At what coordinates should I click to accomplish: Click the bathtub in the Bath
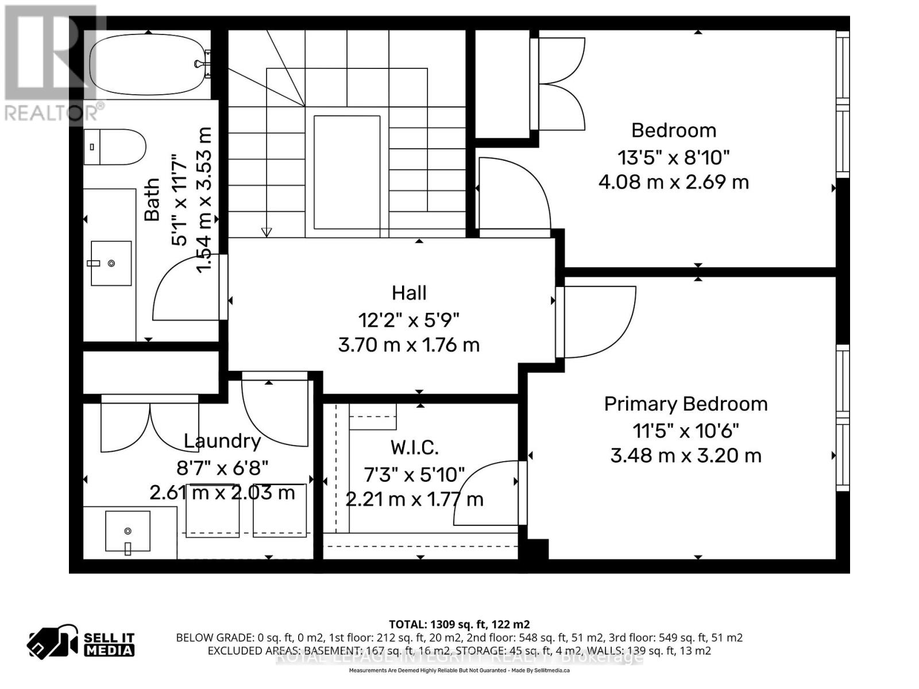tap(148, 64)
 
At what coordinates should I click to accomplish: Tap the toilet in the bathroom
tap(115, 147)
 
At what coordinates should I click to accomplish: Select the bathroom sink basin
tap(111, 263)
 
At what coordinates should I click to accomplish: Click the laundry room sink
tap(128, 531)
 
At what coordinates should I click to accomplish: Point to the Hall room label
tap(409, 293)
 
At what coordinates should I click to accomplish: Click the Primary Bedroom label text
tap(685, 404)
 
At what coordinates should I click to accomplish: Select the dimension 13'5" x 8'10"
tap(673, 157)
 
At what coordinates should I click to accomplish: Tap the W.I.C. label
tap(414, 447)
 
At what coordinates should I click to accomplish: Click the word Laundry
tap(222, 441)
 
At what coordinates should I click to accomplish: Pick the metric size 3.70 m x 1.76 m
tap(408, 345)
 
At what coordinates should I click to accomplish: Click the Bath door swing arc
tap(184, 290)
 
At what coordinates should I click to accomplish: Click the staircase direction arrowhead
tap(267, 232)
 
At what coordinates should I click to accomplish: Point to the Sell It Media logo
tap(80, 644)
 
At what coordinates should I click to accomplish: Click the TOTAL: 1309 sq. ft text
tap(459, 624)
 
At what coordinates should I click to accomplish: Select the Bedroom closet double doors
tap(560, 84)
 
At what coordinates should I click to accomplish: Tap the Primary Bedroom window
tap(843, 417)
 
